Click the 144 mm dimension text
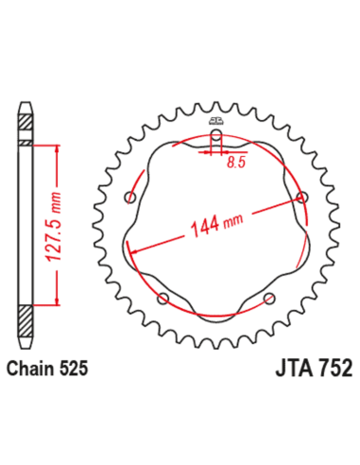(x=217, y=225)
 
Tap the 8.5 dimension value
(x=236, y=162)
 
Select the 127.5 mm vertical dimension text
(x=53, y=226)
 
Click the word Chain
(x=30, y=369)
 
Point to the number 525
(x=74, y=369)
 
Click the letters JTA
(x=295, y=368)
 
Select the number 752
(x=334, y=368)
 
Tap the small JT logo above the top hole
(x=216, y=121)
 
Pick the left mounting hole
(x=129, y=198)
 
